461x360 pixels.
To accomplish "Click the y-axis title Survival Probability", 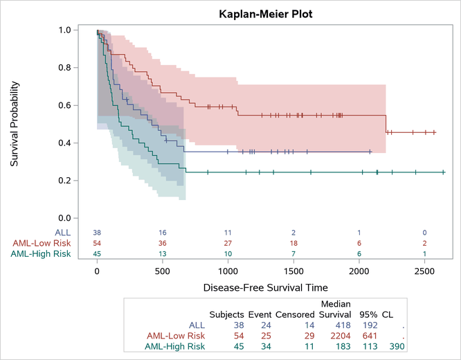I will (x=15, y=124).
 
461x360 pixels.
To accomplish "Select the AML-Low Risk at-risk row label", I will (x=41, y=243).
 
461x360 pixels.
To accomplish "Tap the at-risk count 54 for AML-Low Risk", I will (x=97, y=243).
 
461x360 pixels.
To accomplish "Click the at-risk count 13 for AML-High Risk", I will (x=162, y=254).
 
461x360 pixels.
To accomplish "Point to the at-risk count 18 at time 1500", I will (x=293, y=243).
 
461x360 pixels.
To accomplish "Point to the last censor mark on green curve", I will (x=443, y=172).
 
